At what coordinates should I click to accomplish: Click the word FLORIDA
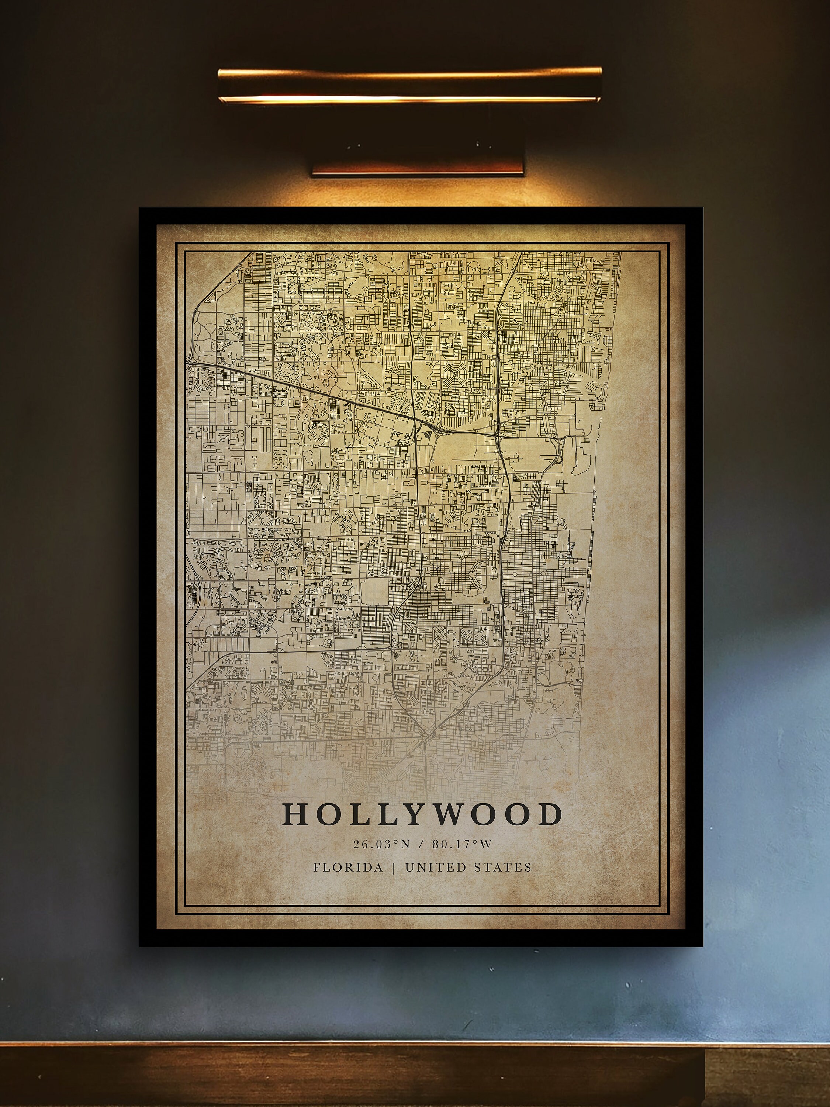[x=348, y=867]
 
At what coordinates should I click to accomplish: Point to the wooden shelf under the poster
[x=350, y=1076]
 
